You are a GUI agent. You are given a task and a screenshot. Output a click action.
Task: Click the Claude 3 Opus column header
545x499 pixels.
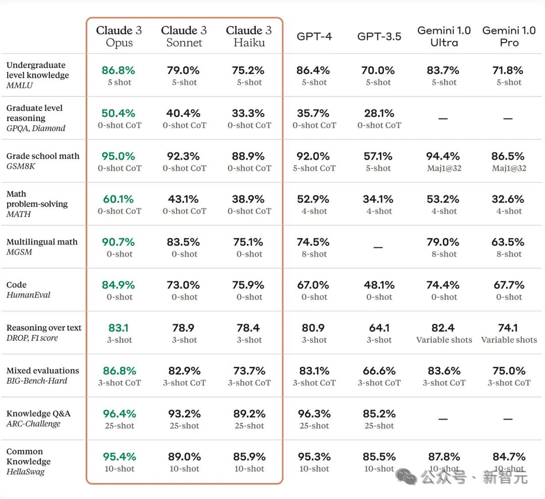tap(119, 36)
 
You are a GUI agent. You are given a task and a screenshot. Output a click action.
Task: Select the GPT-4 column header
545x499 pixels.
tap(314, 36)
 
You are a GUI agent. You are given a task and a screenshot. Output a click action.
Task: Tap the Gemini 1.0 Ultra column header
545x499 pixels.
tap(444, 36)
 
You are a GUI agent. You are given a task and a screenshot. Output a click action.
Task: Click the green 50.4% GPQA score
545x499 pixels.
tap(119, 113)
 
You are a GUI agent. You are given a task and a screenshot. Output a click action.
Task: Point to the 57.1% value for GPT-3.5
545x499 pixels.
tap(379, 156)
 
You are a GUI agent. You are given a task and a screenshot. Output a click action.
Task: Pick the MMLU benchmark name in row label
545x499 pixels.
tap(20, 85)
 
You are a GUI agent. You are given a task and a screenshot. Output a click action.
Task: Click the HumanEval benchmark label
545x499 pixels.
tap(28, 295)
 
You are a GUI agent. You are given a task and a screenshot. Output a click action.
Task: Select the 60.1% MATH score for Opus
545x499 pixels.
tap(119, 199)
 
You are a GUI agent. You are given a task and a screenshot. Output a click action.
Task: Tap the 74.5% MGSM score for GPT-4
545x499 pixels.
tap(314, 242)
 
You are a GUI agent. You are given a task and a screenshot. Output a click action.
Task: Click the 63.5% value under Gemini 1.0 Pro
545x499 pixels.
tap(509, 242)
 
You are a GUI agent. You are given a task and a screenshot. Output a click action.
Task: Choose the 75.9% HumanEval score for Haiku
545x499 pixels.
tap(249, 285)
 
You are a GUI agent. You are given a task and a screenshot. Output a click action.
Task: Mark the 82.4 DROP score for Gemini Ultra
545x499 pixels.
tap(444, 328)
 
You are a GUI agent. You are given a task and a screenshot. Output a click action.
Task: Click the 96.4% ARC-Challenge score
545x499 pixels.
tap(119, 414)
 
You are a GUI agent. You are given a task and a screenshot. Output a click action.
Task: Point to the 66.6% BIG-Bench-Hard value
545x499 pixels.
tap(379, 371)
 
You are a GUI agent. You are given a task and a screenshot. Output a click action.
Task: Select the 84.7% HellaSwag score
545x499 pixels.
tap(509, 457)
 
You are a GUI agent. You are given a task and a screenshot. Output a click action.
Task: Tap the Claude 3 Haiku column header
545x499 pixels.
tap(249, 36)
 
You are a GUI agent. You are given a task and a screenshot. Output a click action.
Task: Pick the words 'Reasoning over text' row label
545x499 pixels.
tap(44, 328)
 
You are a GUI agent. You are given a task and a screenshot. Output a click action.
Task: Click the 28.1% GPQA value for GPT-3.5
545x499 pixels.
tap(379, 113)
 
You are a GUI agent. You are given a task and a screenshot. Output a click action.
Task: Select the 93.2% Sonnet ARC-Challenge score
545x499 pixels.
tap(184, 414)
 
